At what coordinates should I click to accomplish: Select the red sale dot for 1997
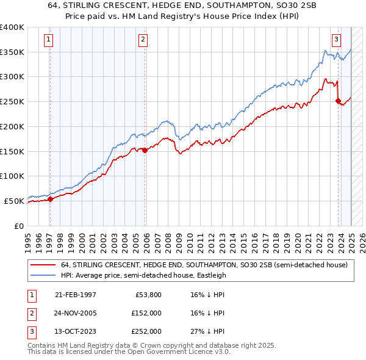pyautogui.click(x=50, y=198)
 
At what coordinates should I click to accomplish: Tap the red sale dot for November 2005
pyautogui.click(x=145, y=150)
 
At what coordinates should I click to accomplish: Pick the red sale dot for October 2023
pyautogui.click(x=338, y=101)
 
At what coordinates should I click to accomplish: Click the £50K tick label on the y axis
pyautogui.click(x=14, y=201)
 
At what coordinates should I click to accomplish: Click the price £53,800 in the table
pyautogui.click(x=148, y=295)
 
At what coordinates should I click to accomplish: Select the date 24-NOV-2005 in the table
pyautogui.click(x=76, y=313)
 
